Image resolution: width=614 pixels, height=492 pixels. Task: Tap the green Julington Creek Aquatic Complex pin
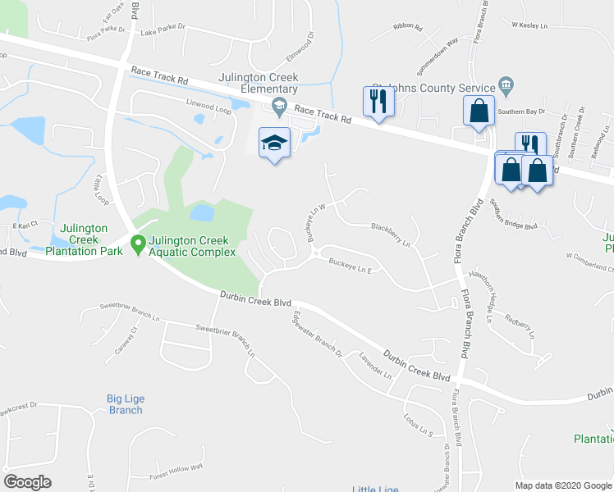tap(138, 244)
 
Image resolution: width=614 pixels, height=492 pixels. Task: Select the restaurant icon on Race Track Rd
tap(378, 102)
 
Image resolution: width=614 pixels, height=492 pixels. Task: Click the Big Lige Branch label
tap(126, 404)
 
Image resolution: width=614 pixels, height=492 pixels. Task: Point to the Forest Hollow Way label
tap(176, 470)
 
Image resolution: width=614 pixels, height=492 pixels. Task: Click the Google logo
tap(27, 482)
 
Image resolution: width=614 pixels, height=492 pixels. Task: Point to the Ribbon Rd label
tap(407, 27)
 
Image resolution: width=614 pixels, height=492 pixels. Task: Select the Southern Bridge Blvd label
tap(513, 215)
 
